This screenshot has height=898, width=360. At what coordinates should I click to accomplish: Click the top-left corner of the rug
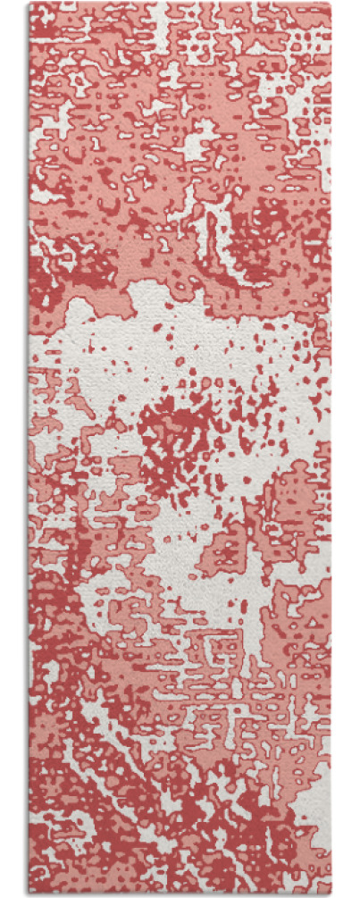[x=29, y=4]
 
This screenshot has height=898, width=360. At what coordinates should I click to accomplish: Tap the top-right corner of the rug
[x=331, y=4]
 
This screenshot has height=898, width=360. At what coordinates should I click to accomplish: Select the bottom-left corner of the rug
[x=29, y=894]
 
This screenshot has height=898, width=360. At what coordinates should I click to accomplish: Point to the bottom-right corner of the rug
[x=331, y=894]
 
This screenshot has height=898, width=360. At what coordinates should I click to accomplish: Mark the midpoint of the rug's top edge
[x=180, y=4]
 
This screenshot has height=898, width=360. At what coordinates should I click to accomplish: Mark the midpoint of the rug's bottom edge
[x=180, y=894]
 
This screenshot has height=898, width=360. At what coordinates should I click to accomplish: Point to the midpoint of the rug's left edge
[x=29, y=449]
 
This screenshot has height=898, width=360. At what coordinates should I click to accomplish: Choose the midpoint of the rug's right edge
[x=331, y=449]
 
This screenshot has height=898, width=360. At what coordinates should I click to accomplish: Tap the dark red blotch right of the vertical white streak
[x=268, y=223]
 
